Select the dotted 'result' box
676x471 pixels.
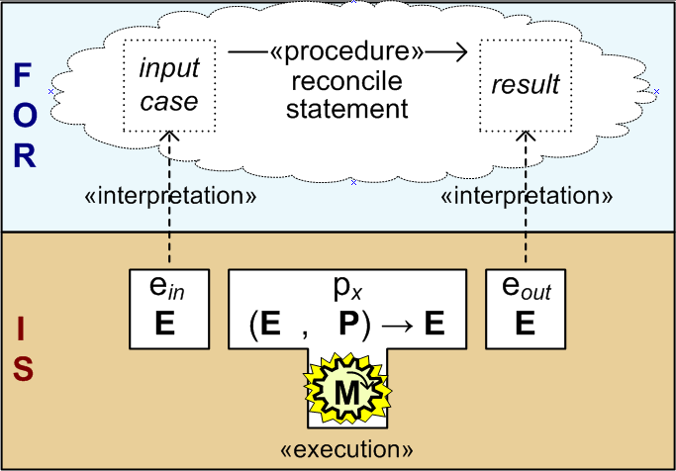click(526, 86)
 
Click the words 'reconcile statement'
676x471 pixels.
click(346, 95)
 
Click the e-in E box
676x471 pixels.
click(166, 308)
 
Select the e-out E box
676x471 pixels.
click(525, 308)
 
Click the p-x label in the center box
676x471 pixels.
click(346, 288)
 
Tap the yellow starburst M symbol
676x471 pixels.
click(345, 393)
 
